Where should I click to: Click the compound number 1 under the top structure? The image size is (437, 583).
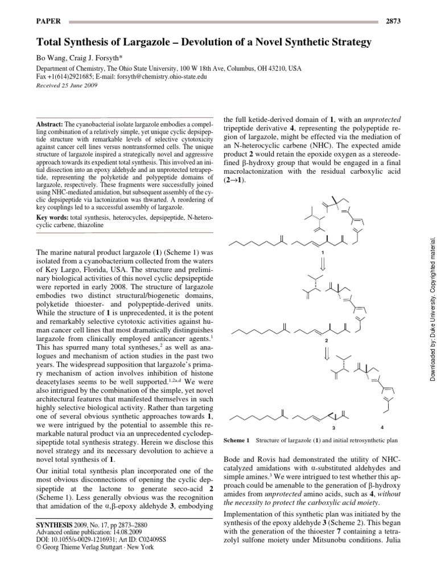click(x=322, y=252)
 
